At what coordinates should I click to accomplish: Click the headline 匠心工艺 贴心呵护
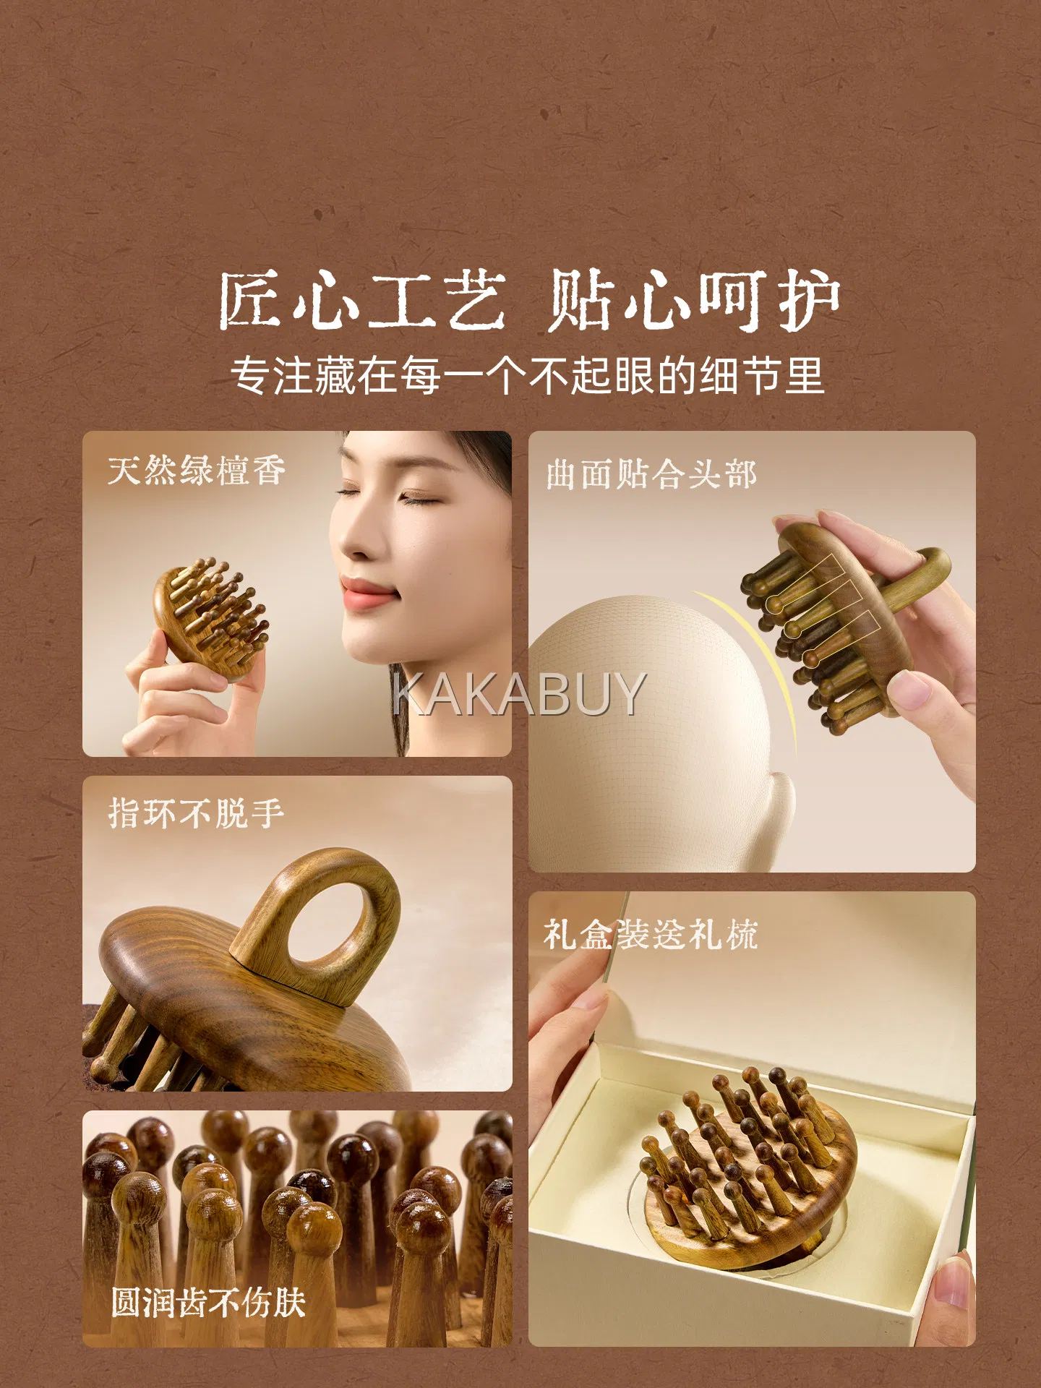point(528,300)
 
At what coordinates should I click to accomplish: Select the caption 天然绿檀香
point(197,471)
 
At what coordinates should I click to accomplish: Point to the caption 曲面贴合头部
point(651,474)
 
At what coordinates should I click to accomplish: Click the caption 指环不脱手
point(196,813)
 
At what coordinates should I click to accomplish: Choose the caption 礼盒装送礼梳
point(651,933)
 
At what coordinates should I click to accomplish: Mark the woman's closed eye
point(420,498)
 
